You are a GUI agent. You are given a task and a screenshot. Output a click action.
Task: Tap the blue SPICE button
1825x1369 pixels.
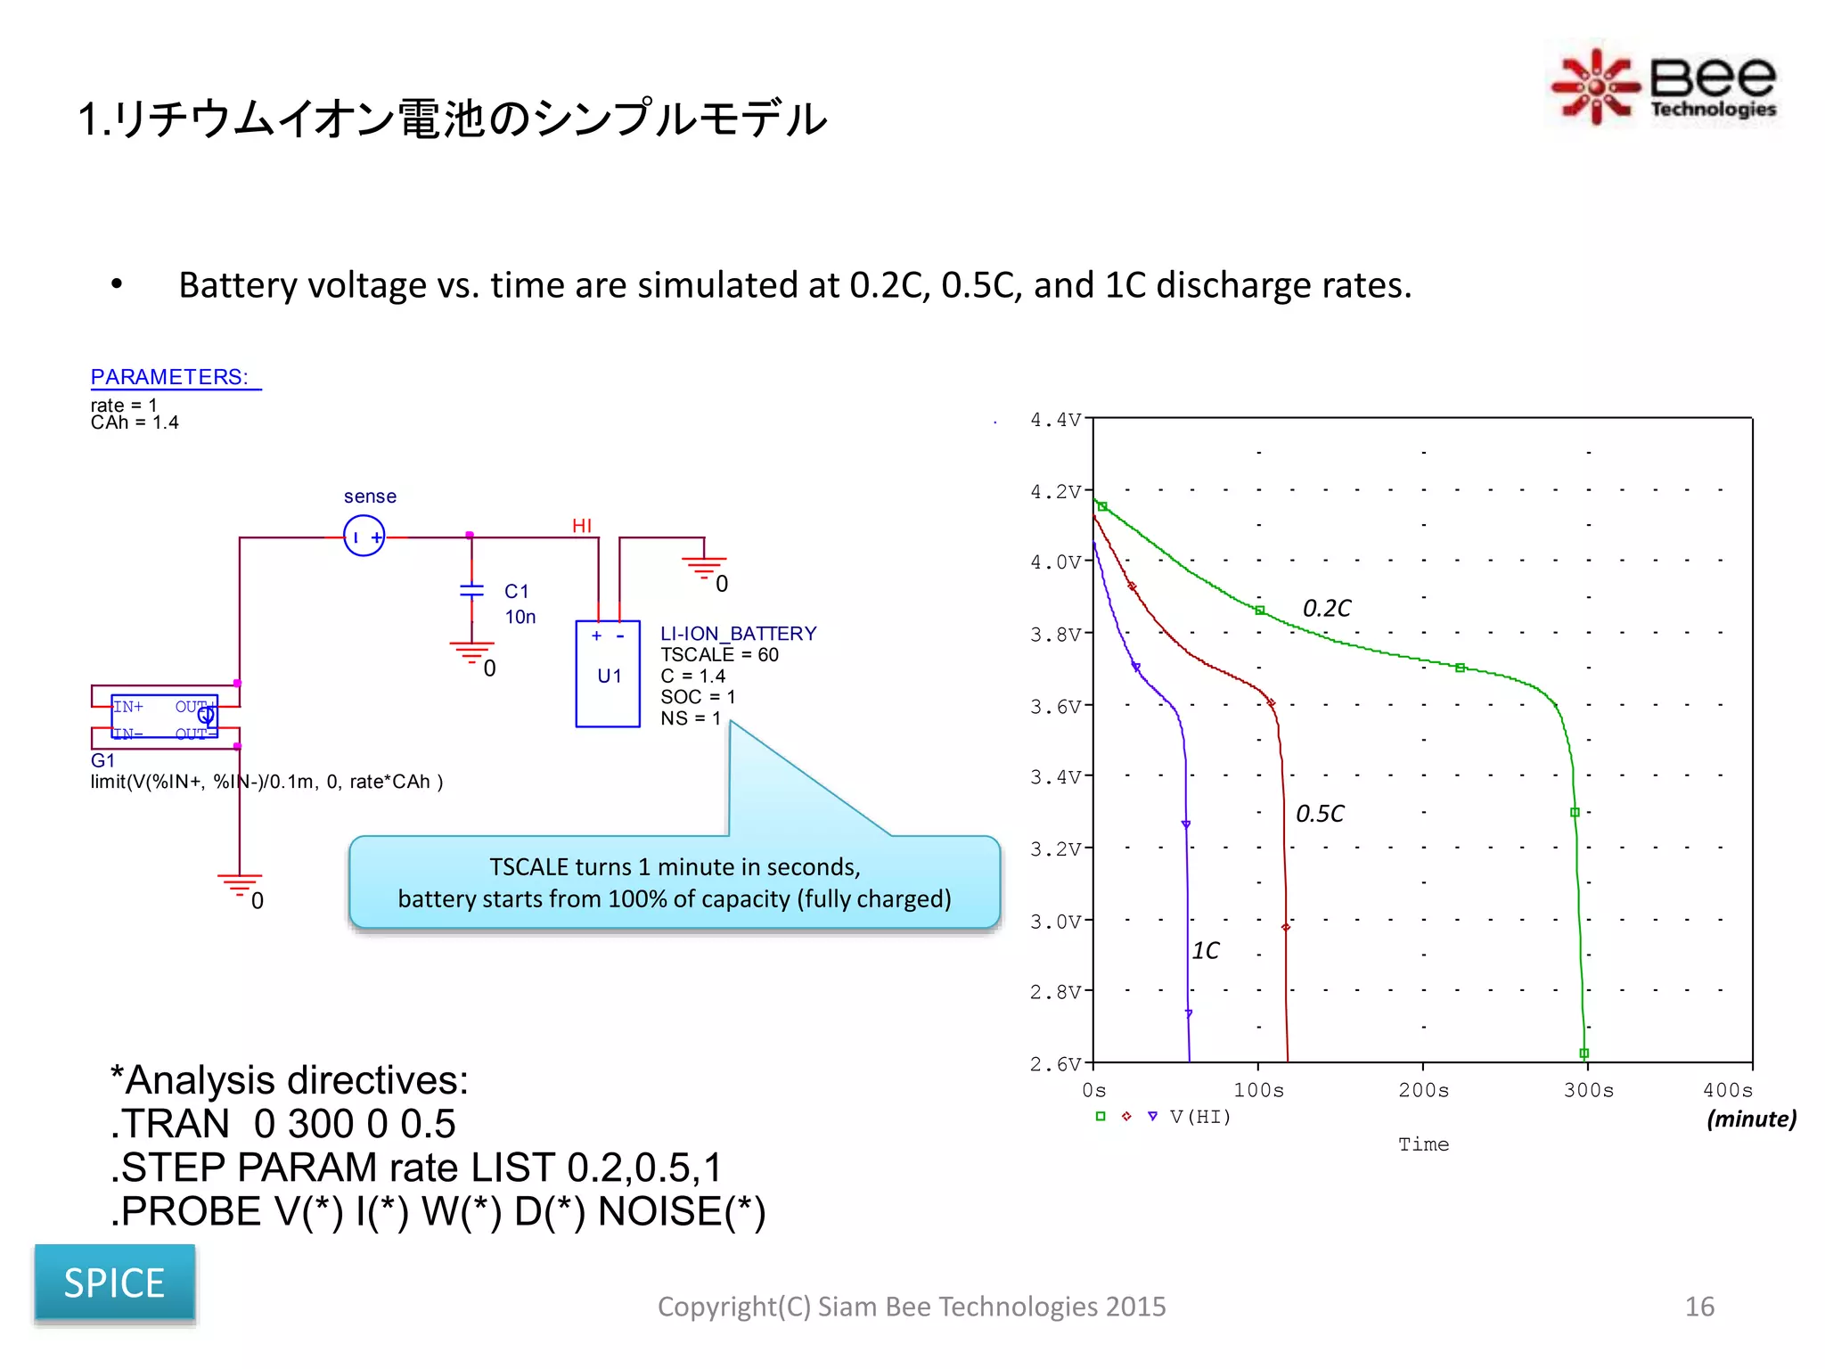point(114,1283)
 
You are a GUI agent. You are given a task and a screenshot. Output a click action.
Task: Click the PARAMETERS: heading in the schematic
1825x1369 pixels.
point(169,377)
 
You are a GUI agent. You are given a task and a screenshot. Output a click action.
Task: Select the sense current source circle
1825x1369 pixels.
point(364,537)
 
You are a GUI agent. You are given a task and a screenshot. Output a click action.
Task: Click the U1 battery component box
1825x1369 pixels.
point(608,674)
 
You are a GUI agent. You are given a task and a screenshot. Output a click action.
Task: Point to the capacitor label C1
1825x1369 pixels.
point(516,591)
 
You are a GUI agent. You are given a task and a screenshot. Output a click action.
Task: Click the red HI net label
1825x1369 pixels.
point(582,526)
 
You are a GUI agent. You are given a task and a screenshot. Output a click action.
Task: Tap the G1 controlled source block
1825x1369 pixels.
point(165,717)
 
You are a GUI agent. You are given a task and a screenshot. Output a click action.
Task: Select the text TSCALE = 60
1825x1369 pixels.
point(719,655)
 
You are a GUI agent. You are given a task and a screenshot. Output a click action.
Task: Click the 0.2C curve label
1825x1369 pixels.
point(1326,608)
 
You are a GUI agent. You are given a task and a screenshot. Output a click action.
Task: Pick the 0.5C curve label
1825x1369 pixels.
point(1319,814)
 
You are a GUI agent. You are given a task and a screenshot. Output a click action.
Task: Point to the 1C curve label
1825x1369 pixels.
point(1205,951)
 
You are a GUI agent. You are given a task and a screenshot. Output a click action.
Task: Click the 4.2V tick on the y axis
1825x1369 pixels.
point(1055,491)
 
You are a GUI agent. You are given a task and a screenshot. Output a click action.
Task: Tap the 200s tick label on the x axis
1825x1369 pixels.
point(1423,1090)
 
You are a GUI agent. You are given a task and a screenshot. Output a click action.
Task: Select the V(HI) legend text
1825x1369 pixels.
point(1200,1117)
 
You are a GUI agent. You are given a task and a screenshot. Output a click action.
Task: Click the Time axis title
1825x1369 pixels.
point(1423,1144)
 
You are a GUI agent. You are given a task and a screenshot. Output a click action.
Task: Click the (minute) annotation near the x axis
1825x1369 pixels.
point(1750,1119)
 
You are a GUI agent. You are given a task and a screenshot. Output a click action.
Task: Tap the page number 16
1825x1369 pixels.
point(1699,1307)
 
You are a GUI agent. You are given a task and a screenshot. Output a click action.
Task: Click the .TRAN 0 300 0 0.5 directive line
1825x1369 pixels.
point(283,1124)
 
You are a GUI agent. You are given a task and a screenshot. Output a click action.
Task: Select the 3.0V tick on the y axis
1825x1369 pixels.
point(1055,921)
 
